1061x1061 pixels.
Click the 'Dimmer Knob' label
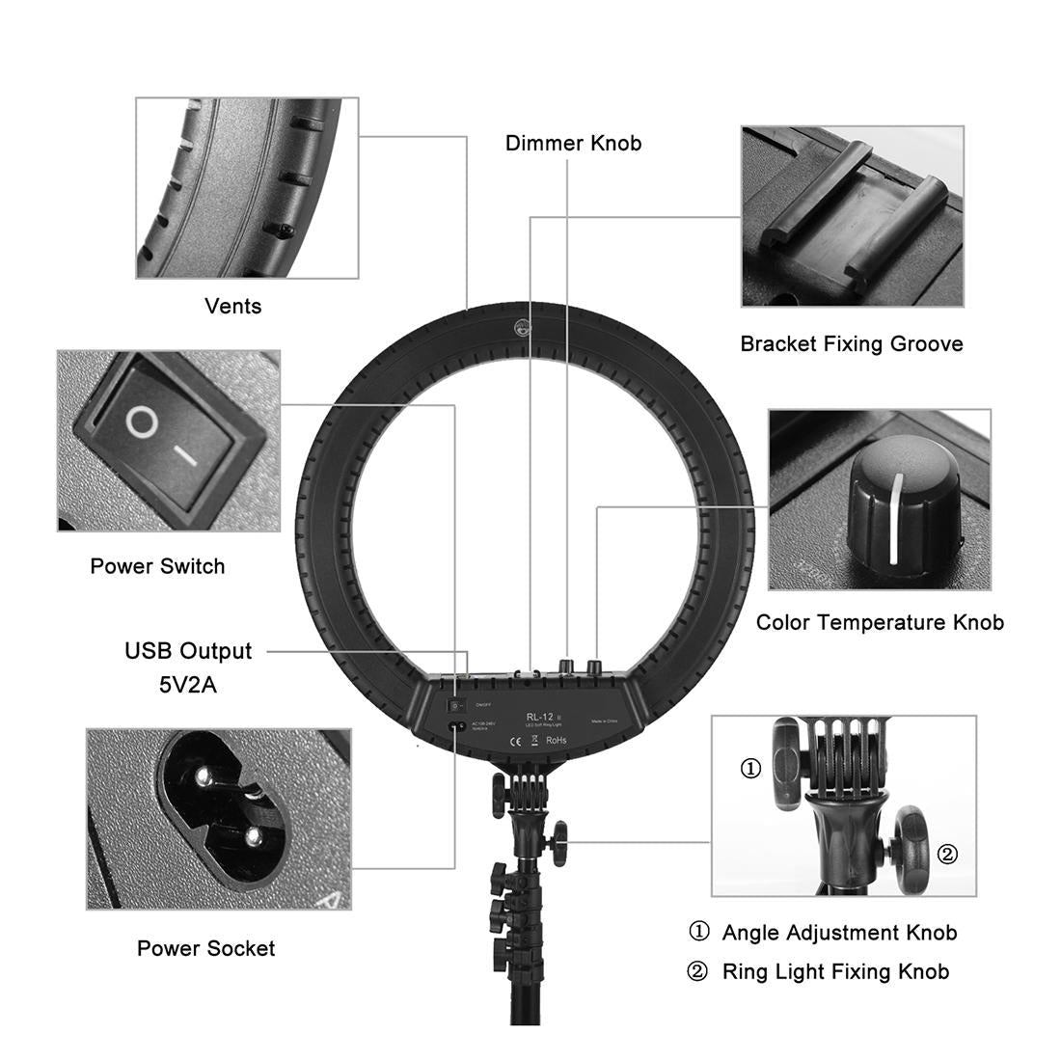coord(573,144)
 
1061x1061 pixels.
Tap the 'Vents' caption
coord(232,307)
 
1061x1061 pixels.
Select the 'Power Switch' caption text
coord(157,566)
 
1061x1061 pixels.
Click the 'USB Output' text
coord(188,651)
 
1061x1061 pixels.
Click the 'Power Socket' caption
coord(205,948)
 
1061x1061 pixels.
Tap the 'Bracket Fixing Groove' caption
coord(851,344)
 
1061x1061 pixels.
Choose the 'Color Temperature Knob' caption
coord(879,622)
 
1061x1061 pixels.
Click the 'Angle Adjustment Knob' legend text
coord(839,933)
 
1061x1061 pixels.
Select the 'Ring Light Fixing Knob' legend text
coord(835,971)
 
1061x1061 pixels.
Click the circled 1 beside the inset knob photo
coord(750,769)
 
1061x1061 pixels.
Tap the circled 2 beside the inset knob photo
coord(947,854)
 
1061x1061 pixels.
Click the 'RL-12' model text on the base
coord(537,715)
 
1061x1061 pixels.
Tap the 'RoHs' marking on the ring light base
coord(556,741)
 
